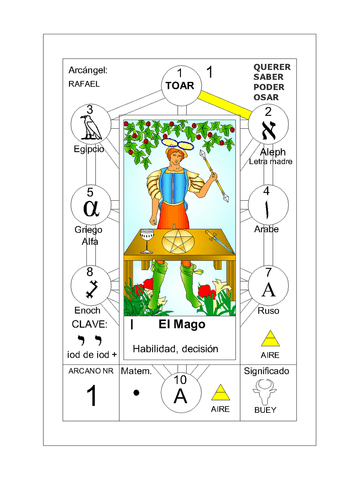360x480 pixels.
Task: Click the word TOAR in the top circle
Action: click(180, 86)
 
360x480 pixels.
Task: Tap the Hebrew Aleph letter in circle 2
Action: click(269, 130)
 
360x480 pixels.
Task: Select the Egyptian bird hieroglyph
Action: click(90, 127)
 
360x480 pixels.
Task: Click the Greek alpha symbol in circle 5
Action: click(91, 208)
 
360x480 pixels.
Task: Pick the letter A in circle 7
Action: click(268, 289)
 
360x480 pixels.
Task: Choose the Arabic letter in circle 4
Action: click(267, 210)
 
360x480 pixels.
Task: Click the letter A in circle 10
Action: click(180, 396)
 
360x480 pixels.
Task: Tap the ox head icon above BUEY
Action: click(265, 392)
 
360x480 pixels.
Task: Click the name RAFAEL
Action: click(84, 84)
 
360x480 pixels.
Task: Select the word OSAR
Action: click(266, 97)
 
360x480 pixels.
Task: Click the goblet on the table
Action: click(147, 241)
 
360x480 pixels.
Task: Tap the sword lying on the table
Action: click(218, 241)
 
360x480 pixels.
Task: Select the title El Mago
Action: click(182, 324)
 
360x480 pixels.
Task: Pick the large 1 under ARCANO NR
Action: click(92, 395)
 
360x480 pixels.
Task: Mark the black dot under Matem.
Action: click(136, 393)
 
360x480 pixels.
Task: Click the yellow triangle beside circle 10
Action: click(220, 392)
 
